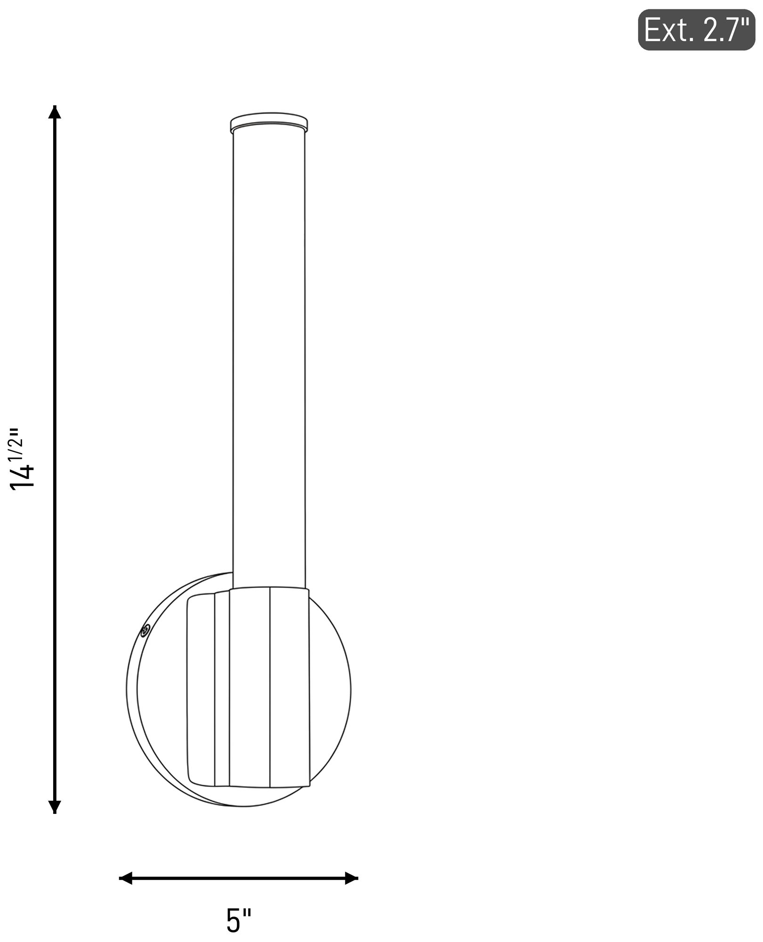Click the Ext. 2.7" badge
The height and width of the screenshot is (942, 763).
tap(697, 30)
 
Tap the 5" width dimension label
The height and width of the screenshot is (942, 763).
tap(239, 921)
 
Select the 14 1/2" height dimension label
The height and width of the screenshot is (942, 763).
tap(23, 459)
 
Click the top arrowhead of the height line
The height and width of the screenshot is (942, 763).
tap(55, 112)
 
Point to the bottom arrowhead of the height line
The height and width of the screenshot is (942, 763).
tap(55, 807)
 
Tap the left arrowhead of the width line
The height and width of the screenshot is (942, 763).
tap(125, 878)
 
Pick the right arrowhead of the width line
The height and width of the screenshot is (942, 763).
tap(351, 878)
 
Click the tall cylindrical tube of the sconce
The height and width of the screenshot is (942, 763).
tap(269, 360)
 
